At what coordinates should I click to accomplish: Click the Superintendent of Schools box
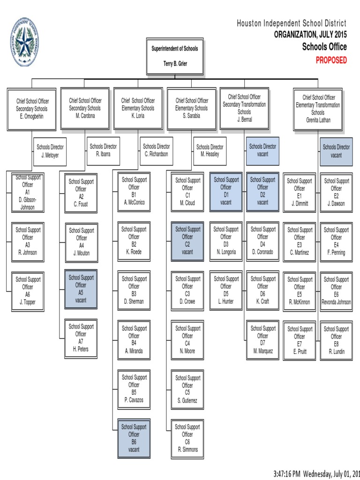point(175,56)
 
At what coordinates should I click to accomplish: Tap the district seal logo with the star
point(24,42)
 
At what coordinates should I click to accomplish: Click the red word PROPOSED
point(331,60)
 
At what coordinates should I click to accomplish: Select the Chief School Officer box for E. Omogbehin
point(31,109)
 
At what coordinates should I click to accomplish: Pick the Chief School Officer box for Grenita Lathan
point(318,109)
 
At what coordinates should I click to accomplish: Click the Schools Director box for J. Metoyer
point(50,151)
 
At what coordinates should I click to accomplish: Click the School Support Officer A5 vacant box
point(81,289)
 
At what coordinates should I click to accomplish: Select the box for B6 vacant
point(134,438)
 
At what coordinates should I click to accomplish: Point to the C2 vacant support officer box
point(187,241)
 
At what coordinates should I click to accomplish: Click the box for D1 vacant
point(226,191)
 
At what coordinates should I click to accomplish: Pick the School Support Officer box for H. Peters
point(81,338)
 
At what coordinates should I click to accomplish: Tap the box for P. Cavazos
point(134,389)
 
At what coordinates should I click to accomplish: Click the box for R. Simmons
point(187,439)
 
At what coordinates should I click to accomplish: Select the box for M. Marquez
point(262,340)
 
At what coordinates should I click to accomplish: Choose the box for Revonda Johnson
point(336,291)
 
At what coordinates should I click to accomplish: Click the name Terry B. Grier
point(175,64)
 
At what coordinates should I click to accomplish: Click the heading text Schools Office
point(324,47)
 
